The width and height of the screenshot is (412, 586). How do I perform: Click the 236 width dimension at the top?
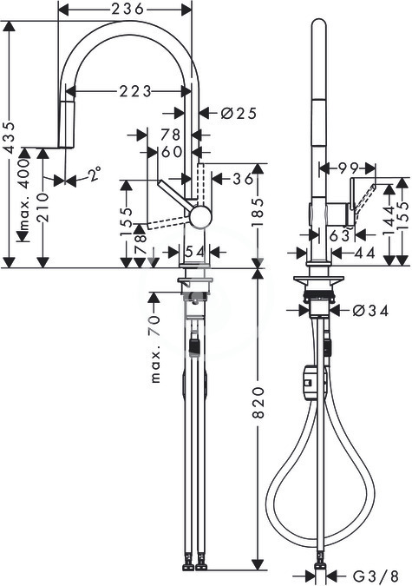(128, 9)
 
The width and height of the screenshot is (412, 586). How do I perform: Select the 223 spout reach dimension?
(135, 91)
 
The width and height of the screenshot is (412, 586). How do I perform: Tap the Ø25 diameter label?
(239, 113)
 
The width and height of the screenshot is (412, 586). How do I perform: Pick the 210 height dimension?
(43, 207)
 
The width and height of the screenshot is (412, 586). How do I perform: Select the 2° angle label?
(95, 174)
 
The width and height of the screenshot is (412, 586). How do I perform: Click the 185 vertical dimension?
(258, 213)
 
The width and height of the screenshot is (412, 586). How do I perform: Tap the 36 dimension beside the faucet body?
(243, 179)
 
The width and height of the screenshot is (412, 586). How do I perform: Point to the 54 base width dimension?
(195, 252)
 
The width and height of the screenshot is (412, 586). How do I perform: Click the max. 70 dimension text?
(155, 349)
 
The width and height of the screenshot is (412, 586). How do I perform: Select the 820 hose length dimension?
(258, 403)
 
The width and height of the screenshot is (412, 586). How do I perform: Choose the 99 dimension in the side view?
(348, 168)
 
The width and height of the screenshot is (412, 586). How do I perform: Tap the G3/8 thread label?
(377, 575)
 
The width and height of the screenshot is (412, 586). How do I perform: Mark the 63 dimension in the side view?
(340, 235)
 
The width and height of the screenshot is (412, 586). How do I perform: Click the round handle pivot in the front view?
(201, 216)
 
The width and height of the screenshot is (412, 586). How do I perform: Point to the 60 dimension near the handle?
(173, 151)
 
